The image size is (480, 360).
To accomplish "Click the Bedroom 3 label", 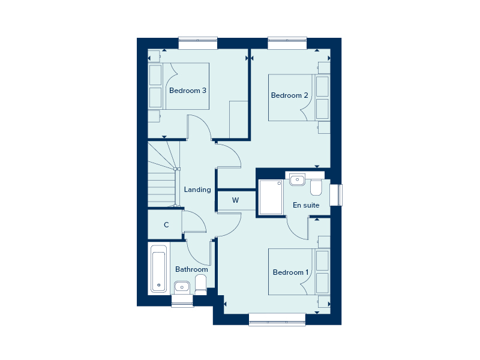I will (188, 91).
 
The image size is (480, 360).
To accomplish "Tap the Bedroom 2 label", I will (289, 95).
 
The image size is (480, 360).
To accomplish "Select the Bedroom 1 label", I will (290, 272).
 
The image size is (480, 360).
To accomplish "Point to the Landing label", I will (197, 190).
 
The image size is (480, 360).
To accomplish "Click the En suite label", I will (306, 205).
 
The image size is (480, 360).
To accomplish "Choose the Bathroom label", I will (191, 269).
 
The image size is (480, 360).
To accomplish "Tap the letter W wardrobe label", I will (236, 200).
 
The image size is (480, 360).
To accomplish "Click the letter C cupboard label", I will (166, 225).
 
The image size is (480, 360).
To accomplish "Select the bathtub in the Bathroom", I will (158, 268).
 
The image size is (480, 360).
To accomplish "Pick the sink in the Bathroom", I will (182, 286).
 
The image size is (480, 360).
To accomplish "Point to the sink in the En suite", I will (297, 179).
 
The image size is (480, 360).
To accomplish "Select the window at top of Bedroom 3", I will (199, 44).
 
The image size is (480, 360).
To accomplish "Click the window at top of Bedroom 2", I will (287, 44).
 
